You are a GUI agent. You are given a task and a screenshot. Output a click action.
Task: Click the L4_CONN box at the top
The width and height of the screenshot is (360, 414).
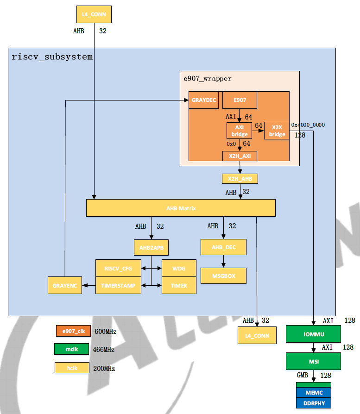pyautogui.click(x=94, y=14)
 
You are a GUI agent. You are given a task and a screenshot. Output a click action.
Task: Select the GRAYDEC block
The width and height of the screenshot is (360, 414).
pyautogui.click(x=203, y=100)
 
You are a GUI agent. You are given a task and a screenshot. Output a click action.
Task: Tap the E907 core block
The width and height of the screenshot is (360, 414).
pyautogui.click(x=240, y=100)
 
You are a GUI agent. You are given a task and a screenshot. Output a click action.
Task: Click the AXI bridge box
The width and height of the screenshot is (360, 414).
pyautogui.click(x=240, y=131)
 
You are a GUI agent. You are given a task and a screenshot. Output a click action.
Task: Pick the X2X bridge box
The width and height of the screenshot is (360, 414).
pyautogui.click(x=277, y=131)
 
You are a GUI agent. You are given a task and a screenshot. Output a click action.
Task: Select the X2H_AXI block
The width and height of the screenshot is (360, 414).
pyautogui.click(x=240, y=156)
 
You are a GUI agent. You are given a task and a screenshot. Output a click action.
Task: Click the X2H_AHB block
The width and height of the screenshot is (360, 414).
pyautogui.click(x=240, y=179)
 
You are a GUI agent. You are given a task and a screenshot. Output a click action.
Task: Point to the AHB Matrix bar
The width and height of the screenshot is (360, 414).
pyautogui.click(x=181, y=208)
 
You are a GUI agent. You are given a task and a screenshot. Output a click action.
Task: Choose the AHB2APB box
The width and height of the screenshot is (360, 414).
pyautogui.click(x=151, y=247)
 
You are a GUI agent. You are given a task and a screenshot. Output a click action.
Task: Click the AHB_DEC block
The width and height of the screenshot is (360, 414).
pyautogui.click(x=223, y=247)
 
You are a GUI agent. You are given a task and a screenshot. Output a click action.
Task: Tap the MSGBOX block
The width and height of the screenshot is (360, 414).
pyautogui.click(x=223, y=276)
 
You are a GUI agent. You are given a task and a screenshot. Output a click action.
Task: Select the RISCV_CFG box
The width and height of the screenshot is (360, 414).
pyautogui.click(x=118, y=268)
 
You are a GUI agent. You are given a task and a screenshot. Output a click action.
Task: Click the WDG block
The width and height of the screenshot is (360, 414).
pyautogui.click(x=179, y=268)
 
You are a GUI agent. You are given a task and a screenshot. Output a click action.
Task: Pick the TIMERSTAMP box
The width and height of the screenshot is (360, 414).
pyautogui.click(x=118, y=286)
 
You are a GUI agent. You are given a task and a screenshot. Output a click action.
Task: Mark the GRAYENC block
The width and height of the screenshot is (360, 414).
pyautogui.click(x=64, y=285)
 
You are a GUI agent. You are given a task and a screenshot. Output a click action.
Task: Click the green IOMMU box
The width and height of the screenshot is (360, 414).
pyautogui.click(x=313, y=334)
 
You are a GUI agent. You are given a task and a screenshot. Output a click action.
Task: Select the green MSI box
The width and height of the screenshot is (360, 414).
pyautogui.click(x=313, y=361)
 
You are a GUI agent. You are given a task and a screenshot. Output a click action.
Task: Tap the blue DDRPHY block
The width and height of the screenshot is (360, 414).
pyautogui.click(x=314, y=403)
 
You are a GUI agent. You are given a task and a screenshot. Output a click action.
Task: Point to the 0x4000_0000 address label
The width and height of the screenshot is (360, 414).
pyautogui.click(x=308, y=125)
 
